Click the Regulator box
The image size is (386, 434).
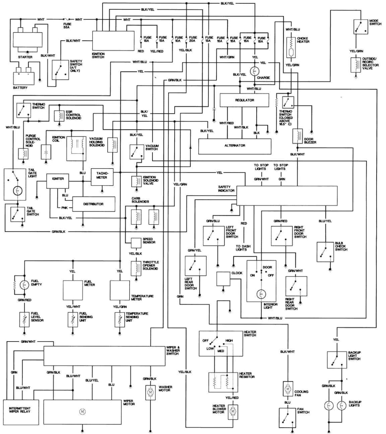[x=244, y=100]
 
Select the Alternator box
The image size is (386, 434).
[x=235, y=145]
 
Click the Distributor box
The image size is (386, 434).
[x=94, y=204]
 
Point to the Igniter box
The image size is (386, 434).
[x=58, y=179]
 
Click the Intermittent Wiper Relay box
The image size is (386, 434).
[x=20, y=409]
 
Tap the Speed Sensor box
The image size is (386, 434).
[x=136, y=243]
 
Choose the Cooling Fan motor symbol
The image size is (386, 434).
[x=287, y=389]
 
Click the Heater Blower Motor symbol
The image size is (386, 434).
[x=233, y=411]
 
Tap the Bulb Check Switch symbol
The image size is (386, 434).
[x=325, y=252]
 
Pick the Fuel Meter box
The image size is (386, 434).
[x=76, y=290]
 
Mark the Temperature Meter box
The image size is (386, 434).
[x=122, y=290]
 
